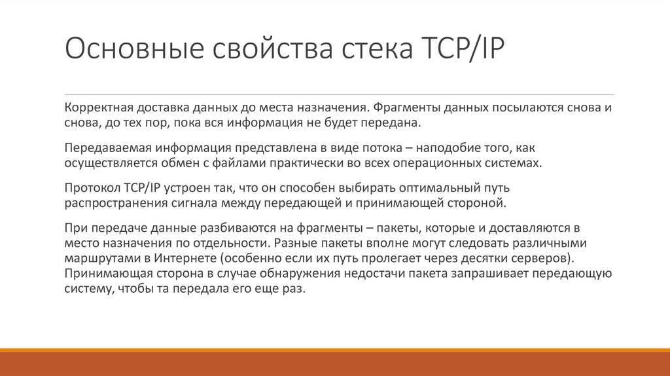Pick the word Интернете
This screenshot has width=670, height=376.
point(186,257)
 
